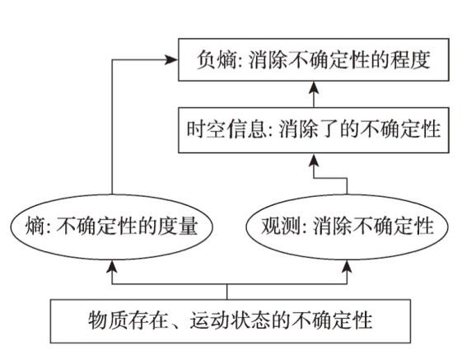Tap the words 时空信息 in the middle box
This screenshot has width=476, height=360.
[x=226, y=129]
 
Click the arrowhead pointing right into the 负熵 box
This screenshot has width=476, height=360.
[x=171, y=60]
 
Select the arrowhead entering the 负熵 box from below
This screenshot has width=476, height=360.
[x=314, y=87]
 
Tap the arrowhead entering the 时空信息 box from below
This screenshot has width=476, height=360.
[x=314, y=160]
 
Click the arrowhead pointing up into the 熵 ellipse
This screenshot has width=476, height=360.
[x=112, y=266]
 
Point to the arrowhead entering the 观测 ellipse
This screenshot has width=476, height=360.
[x=347, y=266]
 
